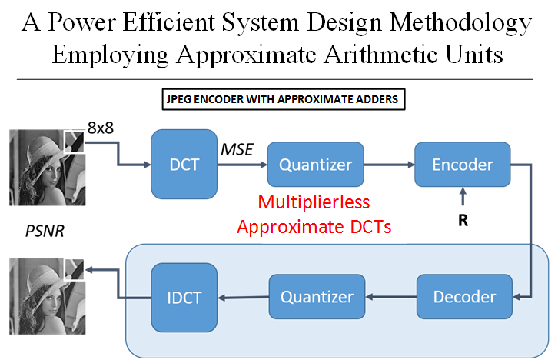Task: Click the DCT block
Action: pyautogui.click(x=184, y=164)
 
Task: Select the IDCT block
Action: pyautogui.click(x=184, y=298)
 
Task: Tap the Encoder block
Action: pyautogui.click(x=463, y=165)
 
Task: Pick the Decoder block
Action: pyautogui.click(x=464, y=297)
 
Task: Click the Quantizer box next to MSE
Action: pyautogui.click(x=316, y=165)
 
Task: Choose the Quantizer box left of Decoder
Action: pyautogui.click(x=317, y=297)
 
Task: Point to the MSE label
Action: pyautogui.click(x=237, y=149)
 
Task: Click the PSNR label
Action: pyautogui.click(x=45, y=232)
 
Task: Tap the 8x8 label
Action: pyautogui.click(x=101, y=128)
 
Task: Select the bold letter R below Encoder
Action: pyautogui.click(x=463, y=221)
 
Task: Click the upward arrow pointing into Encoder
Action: pyautogui.click(x=463, y=197)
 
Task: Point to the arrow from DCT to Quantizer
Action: pyautogui.click(x=242, y=165)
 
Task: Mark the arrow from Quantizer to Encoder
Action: pyautogui.click(x=390, y=165)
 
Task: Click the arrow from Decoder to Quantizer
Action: pyautogui.click(x=390, y=297)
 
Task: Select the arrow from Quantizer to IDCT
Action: pyautogui.click(x=244, y=298)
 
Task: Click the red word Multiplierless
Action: pyautogui.click(x=314, y=202)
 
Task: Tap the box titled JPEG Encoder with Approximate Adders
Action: pyautogui.click(x=284, y=99)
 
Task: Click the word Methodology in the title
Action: pyautogui.click(x=460, y=23)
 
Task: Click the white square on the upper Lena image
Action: pyautogui.click(x=74, y=142)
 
